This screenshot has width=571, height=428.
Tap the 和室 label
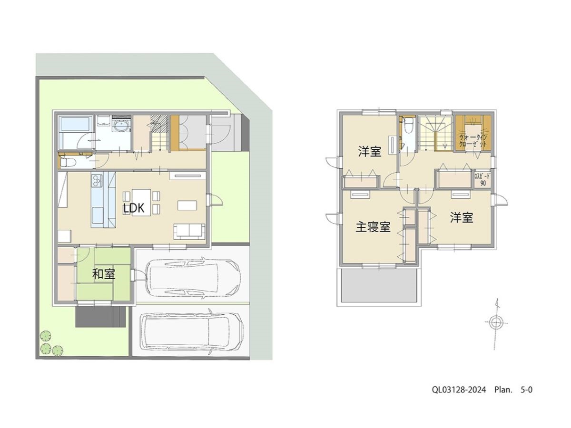(104, 274)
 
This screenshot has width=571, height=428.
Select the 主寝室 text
(373, 227)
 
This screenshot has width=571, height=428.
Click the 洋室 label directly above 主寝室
(369, 152)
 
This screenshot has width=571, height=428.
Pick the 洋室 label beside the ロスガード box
(462, 218)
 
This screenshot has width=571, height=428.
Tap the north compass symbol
(496, 322)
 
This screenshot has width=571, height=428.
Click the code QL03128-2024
(459, 390)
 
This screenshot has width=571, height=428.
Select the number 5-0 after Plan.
(526, 390)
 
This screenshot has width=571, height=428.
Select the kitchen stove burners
(98, 180)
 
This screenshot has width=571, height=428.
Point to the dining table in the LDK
(141, 202)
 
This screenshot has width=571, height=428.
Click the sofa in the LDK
(189, 230)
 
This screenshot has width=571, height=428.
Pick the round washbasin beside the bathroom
(122, 126)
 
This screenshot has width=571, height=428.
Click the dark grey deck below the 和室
(100, 316)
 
